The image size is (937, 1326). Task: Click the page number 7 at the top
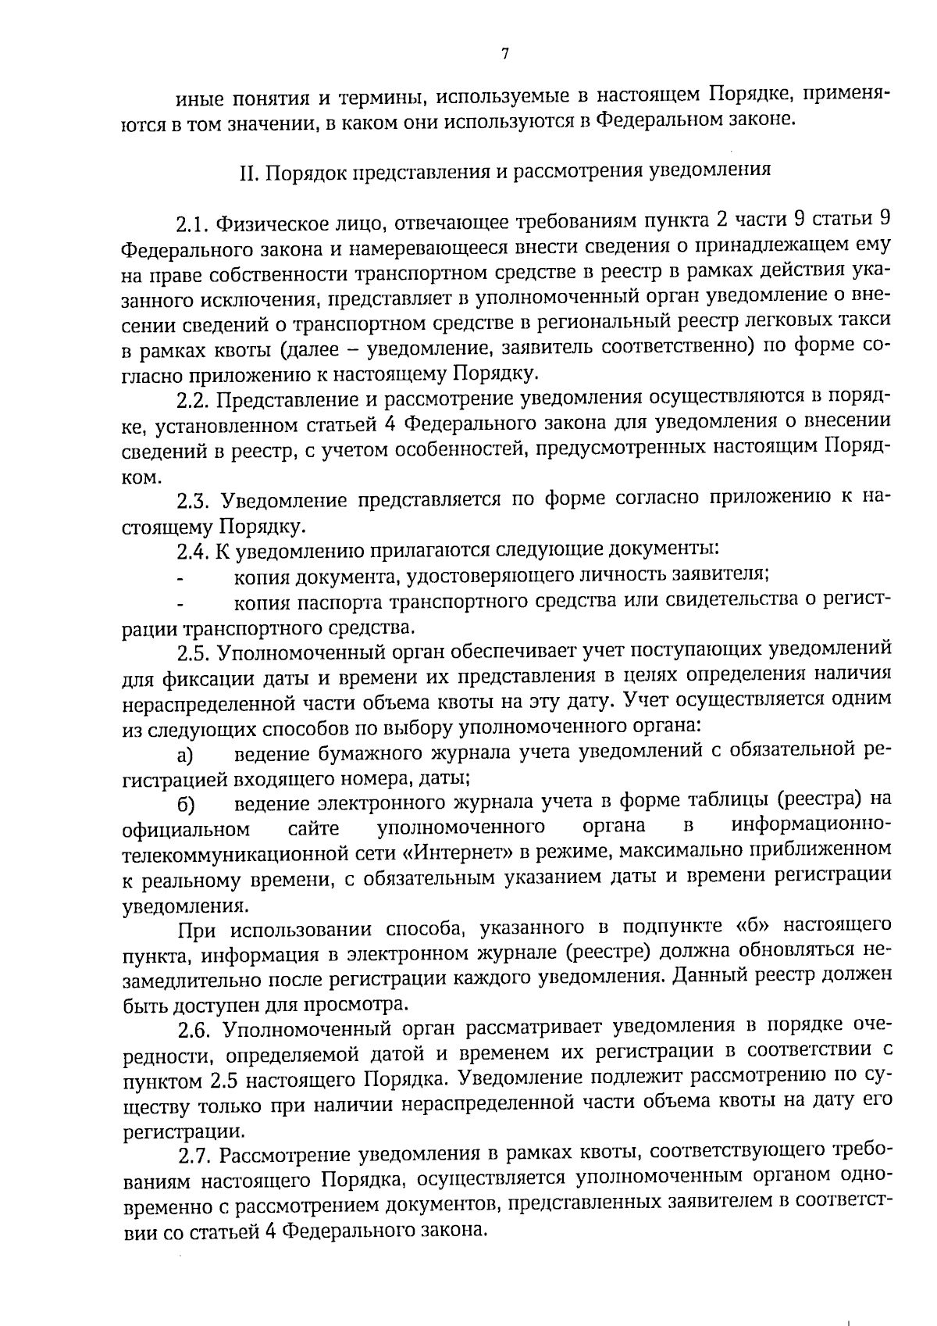[x=504, y=54]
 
